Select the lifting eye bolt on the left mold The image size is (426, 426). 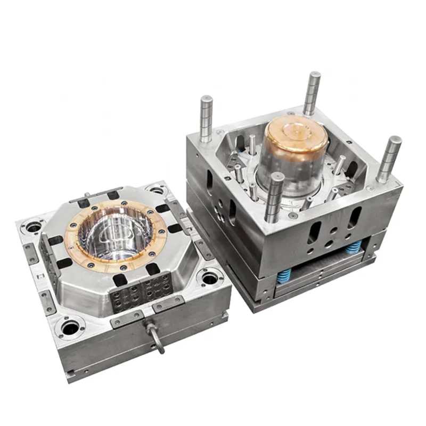coord(156,336)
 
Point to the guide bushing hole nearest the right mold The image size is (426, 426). coord(209,277)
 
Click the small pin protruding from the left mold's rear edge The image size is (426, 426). coord(86,194)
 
